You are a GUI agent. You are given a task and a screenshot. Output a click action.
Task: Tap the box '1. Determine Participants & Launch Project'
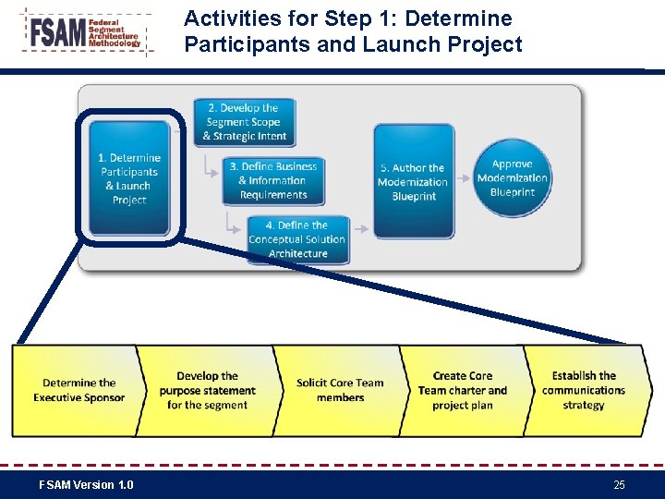(x=129, y=178)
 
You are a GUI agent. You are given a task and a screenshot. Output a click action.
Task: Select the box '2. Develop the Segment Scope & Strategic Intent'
(x=245, y=122)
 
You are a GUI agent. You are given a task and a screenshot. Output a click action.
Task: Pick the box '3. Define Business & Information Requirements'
(x=272, y=180)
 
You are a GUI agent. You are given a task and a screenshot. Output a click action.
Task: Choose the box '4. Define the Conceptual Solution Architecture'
(x=296, y=239)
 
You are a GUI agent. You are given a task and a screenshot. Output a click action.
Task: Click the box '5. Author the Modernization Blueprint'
(x=413, y=181)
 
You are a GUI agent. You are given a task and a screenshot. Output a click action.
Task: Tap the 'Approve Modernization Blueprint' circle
(x=512, y=177)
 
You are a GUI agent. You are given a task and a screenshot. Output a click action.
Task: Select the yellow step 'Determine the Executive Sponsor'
(x=79, y=390)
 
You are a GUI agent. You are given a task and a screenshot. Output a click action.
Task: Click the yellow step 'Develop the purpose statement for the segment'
(x=207, y=390)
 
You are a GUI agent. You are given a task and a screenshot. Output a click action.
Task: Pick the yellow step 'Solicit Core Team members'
(x=340, y=390)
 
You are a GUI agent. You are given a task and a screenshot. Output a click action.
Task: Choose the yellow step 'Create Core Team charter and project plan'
(x=462, y=390)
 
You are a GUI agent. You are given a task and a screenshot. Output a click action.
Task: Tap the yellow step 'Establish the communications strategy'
(x=584, y=390)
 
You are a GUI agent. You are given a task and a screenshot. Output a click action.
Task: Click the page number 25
(x=619, y=485)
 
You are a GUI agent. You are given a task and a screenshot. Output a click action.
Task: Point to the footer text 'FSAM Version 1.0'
(x=86, y=485)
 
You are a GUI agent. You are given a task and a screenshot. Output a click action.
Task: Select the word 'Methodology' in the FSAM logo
(x=115, y=43)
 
